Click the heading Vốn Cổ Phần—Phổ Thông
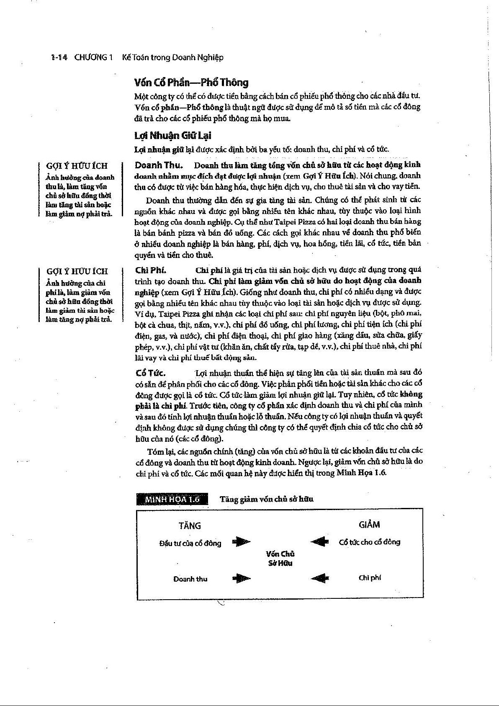pyautogui.click(x=191, y=82)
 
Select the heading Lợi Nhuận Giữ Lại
pyautogui.click(x=173, y=136)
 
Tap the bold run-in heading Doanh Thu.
pyautogui.click(x=159, y=165)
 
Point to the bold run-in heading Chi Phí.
pyautogui.click(x=150, y=270)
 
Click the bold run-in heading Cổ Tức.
pyautogui.click(x=151, y=373)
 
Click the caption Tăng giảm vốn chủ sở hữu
pyautogui.click(x=266, y=499)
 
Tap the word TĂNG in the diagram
pyautogui.click(x=190, y=526)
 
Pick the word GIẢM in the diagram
pyautogui.click(x=369, y=525)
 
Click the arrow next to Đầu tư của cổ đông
pyautogui.click(x=241, y=542)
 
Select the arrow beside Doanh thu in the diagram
pyautogui.click(x=241, y=579)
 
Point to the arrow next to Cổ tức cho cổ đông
pyautogui.click(x=319, y=542)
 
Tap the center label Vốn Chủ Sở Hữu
pyautogui.click(x=280, y=559)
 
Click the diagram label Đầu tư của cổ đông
pyautogui.click(x=190, y=544)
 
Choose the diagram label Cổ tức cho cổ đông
pyautogui.click(x=369, y=542)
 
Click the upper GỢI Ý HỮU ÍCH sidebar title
pyautogui.click(x=77, y=166)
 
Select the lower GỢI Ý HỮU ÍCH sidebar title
pyautogui.click(x=77, y=271)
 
